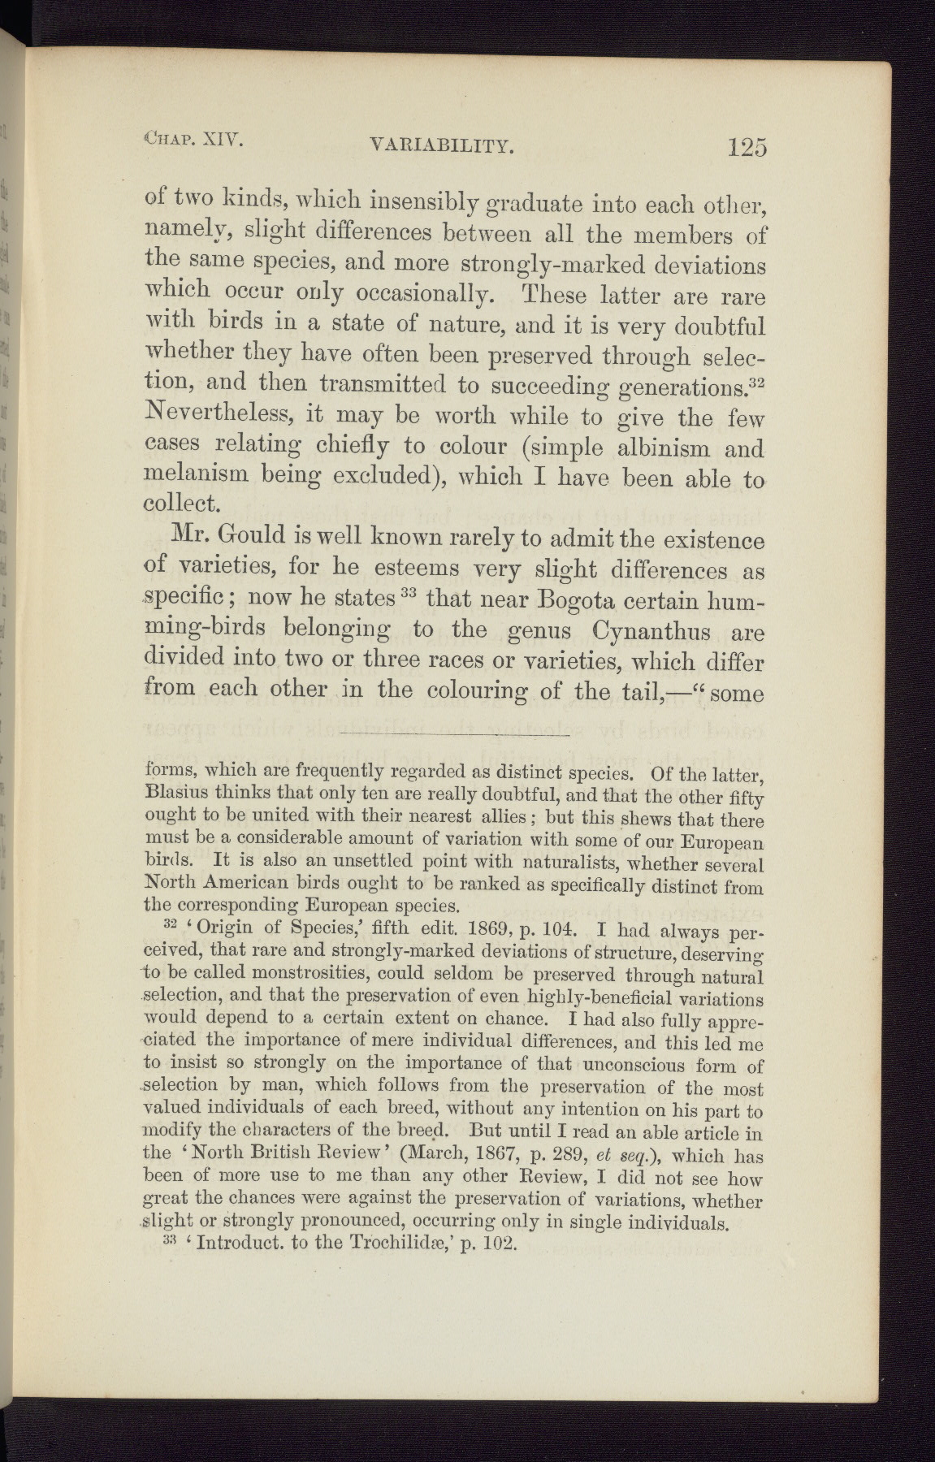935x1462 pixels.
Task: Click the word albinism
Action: [x=656, y=449]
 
